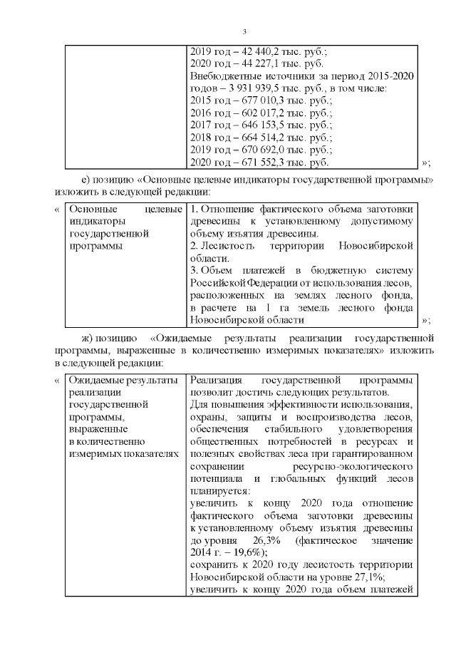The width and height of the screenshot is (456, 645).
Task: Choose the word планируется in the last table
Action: pyautogui.click(x=221, y=491)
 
